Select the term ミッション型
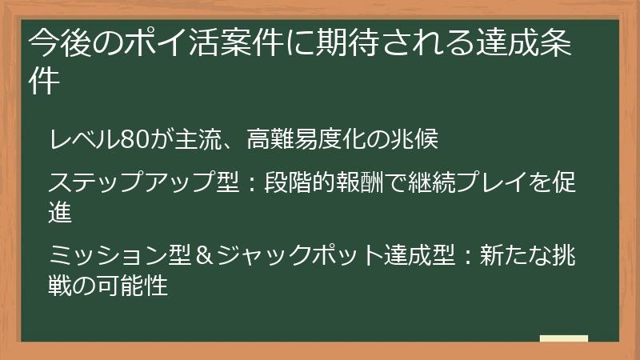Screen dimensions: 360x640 click(x=109, y=256)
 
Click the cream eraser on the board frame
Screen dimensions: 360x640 click(x=564, y=339)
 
